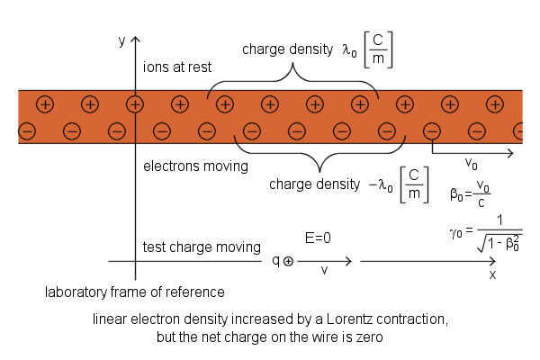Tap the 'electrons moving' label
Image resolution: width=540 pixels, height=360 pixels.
pyautogui.click(x=196, y=166)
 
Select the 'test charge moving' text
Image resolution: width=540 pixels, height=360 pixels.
pyautogui.click(x=202, y=247)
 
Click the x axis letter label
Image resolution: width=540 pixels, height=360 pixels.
pyautogui.click(x=492, y=274)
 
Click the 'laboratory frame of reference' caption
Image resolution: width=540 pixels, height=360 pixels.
pyautogui.click(x=135, y=292)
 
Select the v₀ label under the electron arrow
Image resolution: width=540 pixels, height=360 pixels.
pyautogui.click(x=471, y=165)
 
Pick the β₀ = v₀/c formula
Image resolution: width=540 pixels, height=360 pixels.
pyautogui.click(x=470, y=192)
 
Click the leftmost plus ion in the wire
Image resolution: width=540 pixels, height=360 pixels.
pyautogui.click(x=45, y=104)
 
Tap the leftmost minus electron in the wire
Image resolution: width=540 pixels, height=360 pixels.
pyautogui.click(x=26, y=132)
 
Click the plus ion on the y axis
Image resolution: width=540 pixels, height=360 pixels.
pyautogui.click(x=135, y=104)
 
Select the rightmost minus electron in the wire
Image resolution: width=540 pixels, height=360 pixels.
pyautogui.click(x=522, y=132)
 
